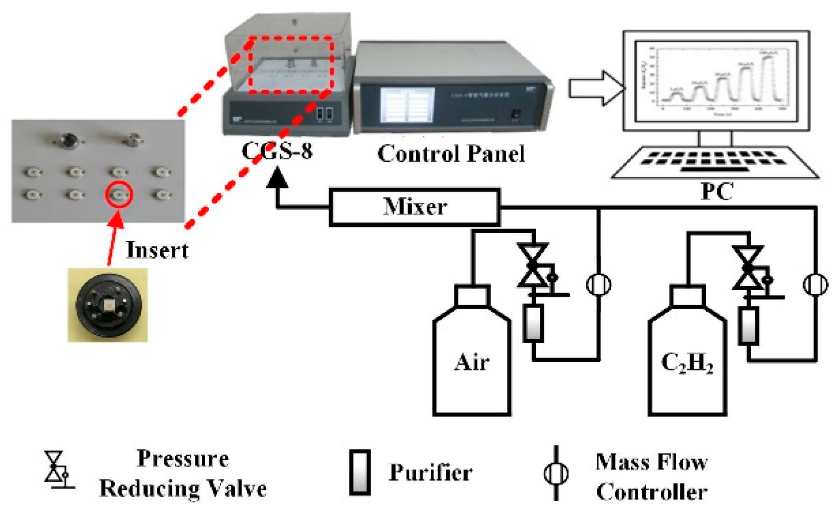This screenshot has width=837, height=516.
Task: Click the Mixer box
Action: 414,207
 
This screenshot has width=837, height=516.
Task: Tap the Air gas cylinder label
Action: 471,362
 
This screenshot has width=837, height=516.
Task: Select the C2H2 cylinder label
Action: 687,363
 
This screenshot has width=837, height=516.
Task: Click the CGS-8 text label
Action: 277,150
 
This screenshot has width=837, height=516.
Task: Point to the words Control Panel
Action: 451,153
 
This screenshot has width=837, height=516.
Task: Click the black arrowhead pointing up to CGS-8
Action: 278,178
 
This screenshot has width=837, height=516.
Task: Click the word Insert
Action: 157,250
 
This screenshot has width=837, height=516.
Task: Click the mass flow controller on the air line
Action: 598,285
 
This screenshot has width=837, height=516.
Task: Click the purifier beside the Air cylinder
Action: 533,324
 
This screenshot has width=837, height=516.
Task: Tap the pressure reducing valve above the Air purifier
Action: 533,266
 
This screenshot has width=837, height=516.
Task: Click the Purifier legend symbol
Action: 360,472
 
